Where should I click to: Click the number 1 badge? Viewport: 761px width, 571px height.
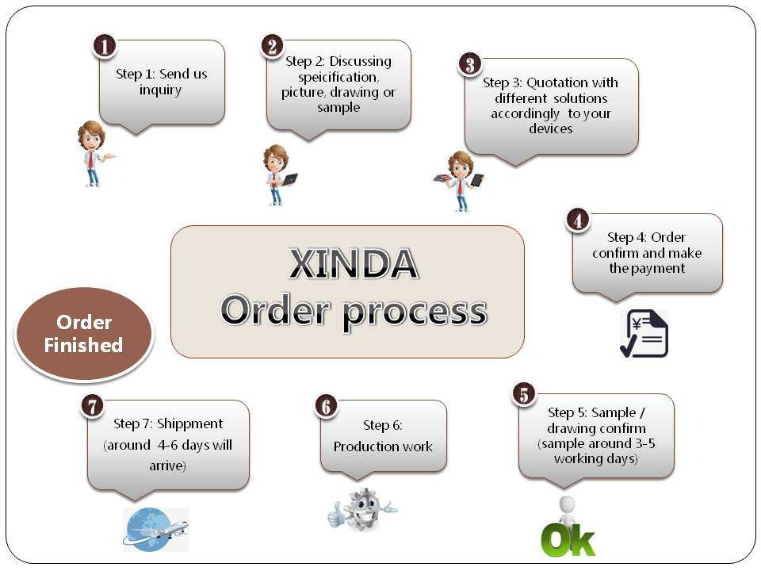point(105,45)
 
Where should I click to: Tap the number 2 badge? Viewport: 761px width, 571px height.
point(271,45)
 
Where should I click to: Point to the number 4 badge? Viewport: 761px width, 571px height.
point(577,220)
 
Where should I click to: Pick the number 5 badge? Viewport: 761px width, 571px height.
point(523,393)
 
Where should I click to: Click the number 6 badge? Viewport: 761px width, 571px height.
point(326,406)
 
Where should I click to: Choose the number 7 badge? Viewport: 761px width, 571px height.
point(93,405)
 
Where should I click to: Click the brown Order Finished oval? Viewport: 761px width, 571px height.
point(84,334)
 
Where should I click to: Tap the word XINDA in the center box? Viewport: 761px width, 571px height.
point(353,264)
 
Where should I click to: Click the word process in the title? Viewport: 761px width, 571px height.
point(414,311)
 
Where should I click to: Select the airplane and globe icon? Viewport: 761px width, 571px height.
point(156,529)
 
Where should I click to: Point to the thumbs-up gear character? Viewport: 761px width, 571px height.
point(361,510)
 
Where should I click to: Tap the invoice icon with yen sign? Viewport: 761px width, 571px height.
point(644,334)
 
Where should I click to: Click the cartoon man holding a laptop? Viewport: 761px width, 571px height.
point(277,174)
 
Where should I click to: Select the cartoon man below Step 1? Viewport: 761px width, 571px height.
point(93,153)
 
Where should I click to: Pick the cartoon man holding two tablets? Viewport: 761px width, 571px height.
point(460,180)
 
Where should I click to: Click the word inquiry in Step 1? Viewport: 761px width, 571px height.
point(161,90)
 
